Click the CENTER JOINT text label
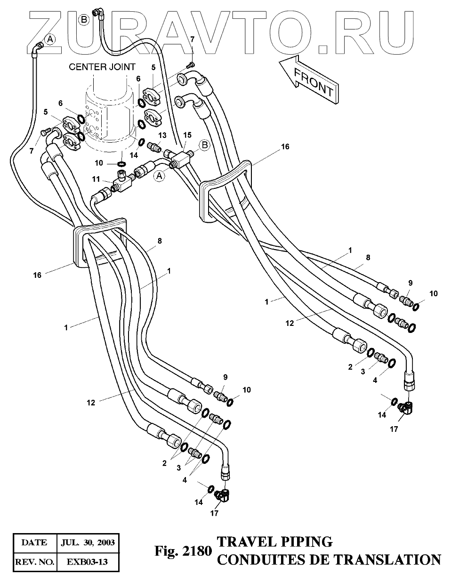coord(102,67)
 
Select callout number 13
coord(162,135)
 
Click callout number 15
coord(187,135)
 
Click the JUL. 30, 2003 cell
coord(87,542)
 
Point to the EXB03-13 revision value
coord(87,562)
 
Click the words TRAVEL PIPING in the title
coord(274,542)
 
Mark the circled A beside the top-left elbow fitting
coord(50,39)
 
